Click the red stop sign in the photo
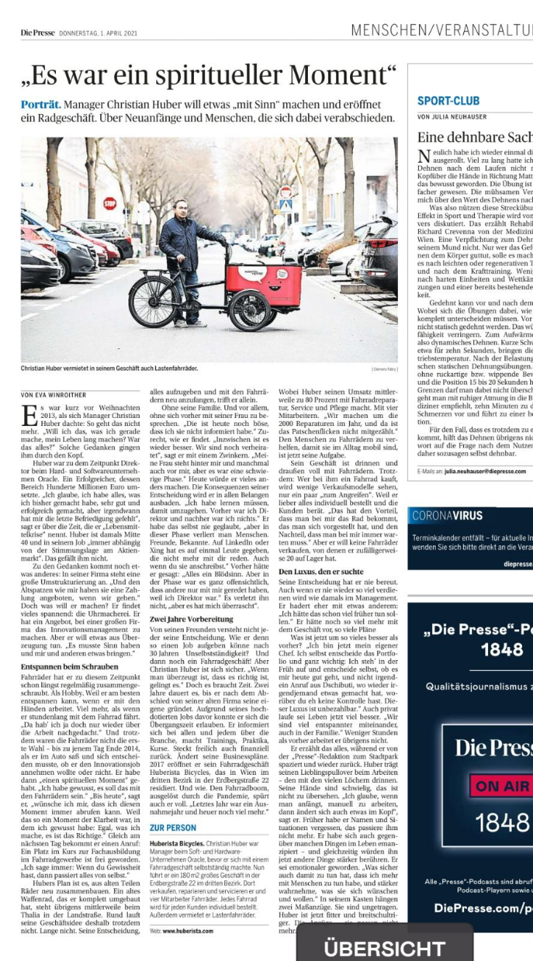coord(110,203)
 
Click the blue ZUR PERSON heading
coord(173,827)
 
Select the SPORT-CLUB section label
coord(448,101)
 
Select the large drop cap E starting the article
coord(29,415)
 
